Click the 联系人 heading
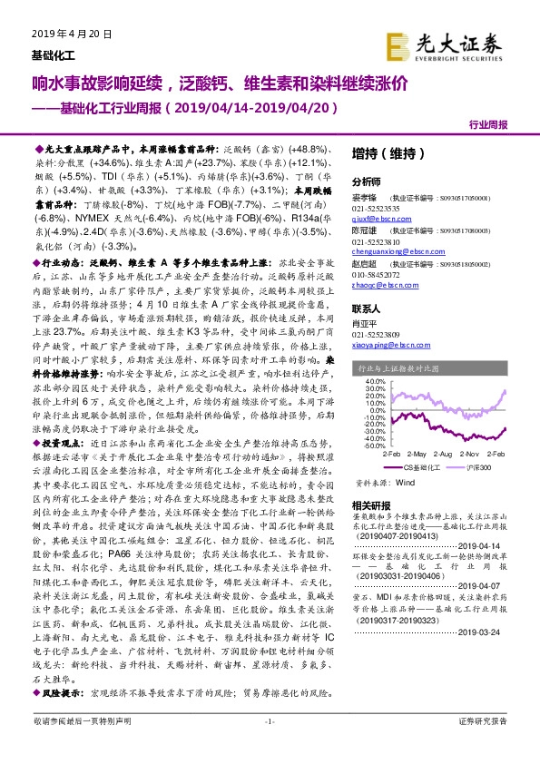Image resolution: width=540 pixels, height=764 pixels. (367, 308)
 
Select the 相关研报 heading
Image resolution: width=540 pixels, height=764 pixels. (371, 504)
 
